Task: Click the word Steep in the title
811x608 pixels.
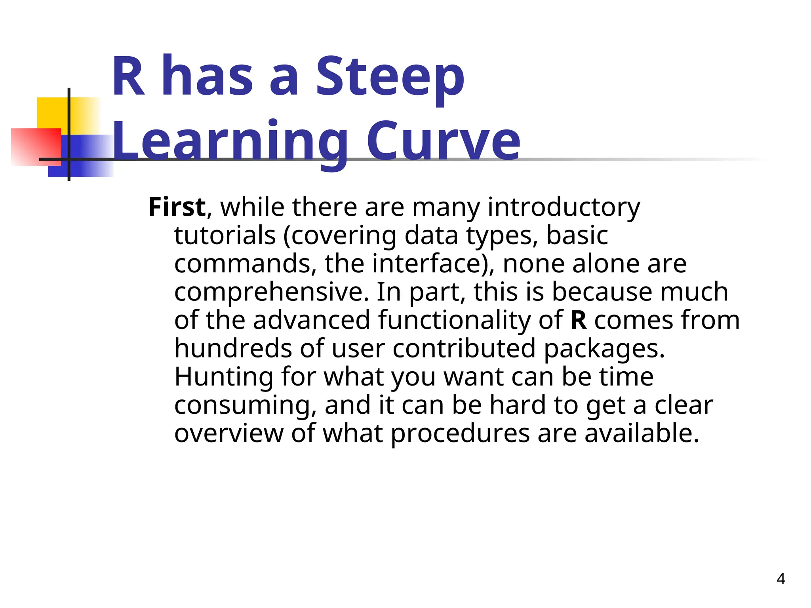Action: [390, 77]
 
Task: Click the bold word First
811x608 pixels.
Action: [177, 207]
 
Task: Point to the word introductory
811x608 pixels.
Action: [564, 207]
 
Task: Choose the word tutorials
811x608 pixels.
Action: [225, 236]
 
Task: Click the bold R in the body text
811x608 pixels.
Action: [579, 320]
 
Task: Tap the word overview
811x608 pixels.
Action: [229, 433]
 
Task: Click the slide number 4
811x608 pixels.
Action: [781, 579]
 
